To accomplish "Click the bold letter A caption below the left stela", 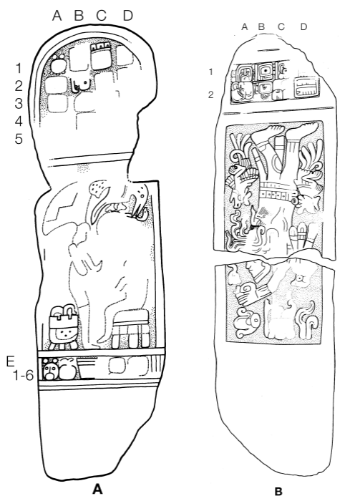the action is point(97,489).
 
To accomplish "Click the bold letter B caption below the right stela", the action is point(278,491).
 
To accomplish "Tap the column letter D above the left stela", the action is point(128,15).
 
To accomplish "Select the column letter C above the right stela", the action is point(281,27).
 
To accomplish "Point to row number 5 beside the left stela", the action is point(19,139).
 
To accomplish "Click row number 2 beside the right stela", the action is point(211,95).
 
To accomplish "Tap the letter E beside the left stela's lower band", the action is point(11,361).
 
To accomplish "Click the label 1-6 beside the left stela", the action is point(23,376).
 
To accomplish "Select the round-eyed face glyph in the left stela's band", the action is point(51,370).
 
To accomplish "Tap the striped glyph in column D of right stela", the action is point(305,87).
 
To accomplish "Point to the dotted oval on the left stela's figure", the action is point(97,188).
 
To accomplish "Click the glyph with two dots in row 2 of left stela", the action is point(80,84).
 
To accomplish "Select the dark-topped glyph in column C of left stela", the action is point(102,56).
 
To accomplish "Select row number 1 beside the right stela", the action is point(210,72).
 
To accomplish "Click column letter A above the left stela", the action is point(57,15).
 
